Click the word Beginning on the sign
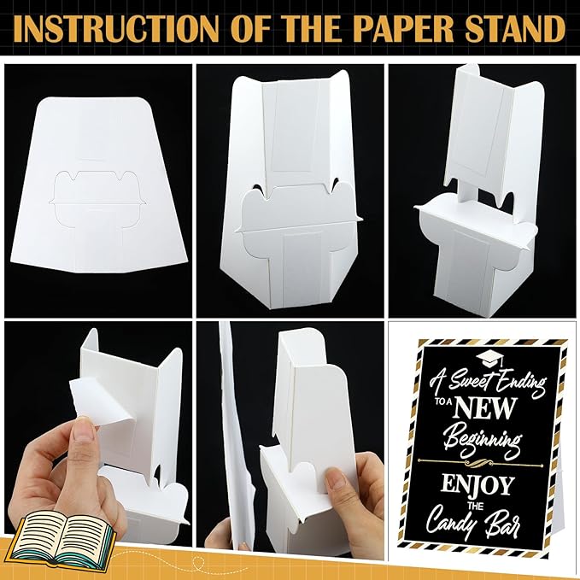click(x=482, y=440)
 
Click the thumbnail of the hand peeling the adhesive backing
click(x=98, y=434)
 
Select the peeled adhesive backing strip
click(x=99, y=401)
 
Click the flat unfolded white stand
click(x=99, y=185)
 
